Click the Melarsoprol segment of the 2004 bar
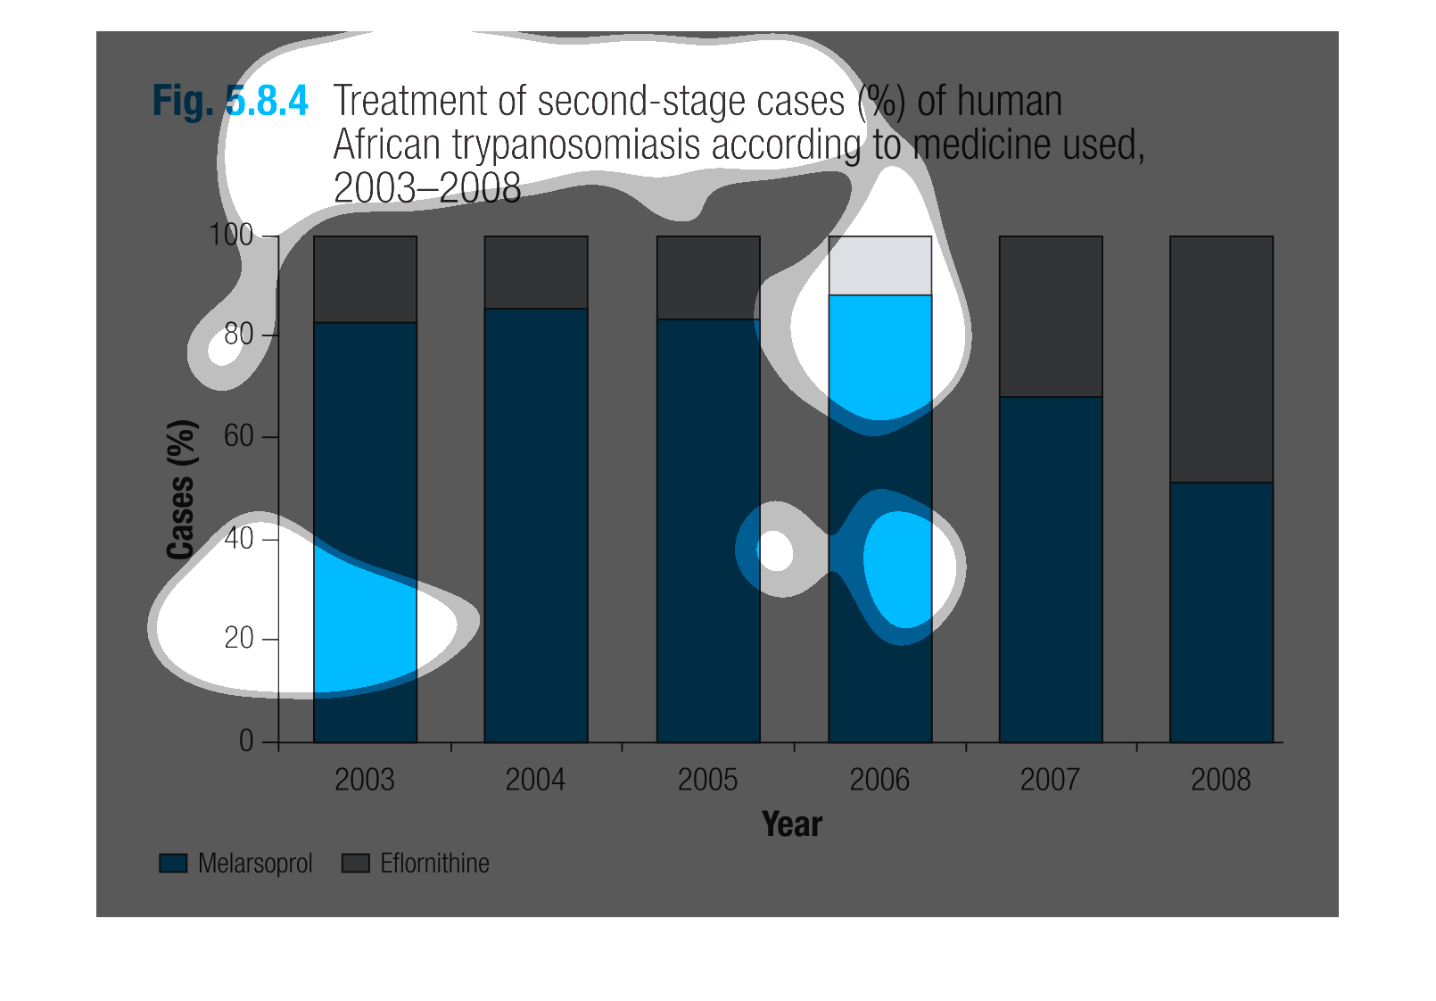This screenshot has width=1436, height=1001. tap(536, 525)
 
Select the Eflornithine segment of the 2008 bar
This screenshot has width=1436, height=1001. tap(1221, 360)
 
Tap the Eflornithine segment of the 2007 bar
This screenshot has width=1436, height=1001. tap(1051, 316)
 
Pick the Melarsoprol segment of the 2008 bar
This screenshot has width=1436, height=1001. tap(1221, 612)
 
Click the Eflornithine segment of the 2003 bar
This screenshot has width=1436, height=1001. tap(366, 279)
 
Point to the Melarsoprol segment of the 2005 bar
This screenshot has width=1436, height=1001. tap(708, 531)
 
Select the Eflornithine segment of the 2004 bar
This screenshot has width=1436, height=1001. tap(536, 272)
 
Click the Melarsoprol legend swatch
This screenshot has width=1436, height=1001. tap(173, 863)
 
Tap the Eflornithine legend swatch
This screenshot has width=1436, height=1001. tap(356, 863)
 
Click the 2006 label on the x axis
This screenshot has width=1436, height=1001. tap(879, 780)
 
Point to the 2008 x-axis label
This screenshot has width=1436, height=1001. tap(1220, 780)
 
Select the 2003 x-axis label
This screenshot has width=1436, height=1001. tap(365, 780)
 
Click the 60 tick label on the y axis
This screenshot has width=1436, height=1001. tap(238, 436)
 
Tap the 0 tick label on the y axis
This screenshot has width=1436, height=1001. tap(246, 741)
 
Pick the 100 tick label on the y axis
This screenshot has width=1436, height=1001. tap(231, 235)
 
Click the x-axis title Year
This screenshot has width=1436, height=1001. tap(792, 824)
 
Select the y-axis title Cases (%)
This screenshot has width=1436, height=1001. tap(181, 489)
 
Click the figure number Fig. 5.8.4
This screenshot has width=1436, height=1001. tap(230, 101)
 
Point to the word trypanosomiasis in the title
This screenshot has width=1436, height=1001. tap(575, 145)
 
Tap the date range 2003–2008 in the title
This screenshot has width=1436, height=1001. tap(427, 188)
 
